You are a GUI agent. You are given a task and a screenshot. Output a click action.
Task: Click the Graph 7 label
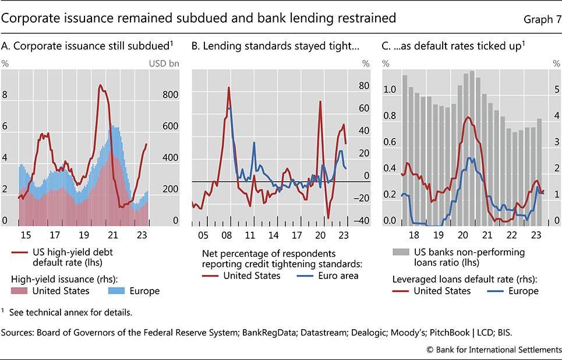[x=539, y=19]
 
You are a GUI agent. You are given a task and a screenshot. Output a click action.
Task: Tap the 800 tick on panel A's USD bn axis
[x=170, y=95]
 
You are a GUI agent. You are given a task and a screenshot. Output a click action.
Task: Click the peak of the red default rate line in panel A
[x=100, y=86]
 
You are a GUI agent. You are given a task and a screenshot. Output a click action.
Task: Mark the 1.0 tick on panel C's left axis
[x=389, y=90]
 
